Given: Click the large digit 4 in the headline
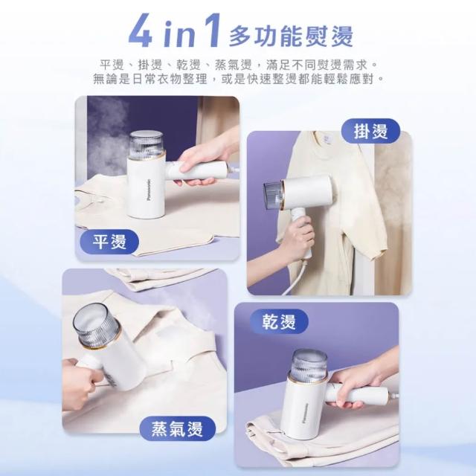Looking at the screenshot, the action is pos(143,30).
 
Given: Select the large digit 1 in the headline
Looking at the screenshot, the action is pos(211,30).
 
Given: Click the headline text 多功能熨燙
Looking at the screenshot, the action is pos(291,36).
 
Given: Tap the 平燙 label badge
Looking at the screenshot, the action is pos(109,242).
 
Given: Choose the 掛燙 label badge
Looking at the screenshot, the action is pos(370,131).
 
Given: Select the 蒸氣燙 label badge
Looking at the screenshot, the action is pos(177,428).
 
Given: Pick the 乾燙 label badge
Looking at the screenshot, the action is pos(279,321).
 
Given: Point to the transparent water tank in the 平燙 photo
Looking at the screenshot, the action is pos(147,145).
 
